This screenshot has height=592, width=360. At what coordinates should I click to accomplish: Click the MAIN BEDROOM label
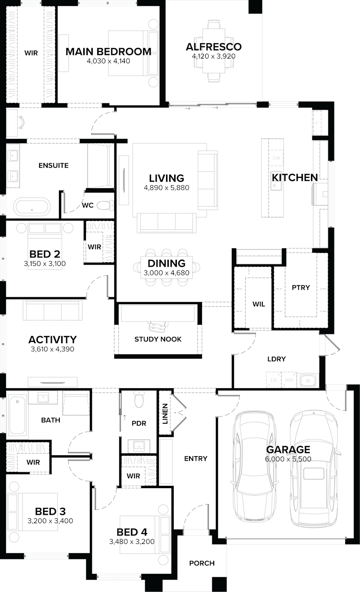pos(108,51)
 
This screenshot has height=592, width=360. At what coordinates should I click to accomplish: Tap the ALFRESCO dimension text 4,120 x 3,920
pos(214,56)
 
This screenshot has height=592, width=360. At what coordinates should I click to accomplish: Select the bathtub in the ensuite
pos(31,208)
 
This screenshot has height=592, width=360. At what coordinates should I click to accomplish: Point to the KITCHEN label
pos(295,177)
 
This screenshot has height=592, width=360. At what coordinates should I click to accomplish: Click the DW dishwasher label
pos(276,158)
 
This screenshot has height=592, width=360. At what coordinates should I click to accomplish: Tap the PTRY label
pos(301,287)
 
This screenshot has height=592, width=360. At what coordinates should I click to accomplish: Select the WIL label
pos(258,304)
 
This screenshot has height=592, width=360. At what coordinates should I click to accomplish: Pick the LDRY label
pos(276,359)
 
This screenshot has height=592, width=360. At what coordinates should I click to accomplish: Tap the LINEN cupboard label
pos(165,413)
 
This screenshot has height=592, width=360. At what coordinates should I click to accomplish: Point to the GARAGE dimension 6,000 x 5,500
pos(288,459)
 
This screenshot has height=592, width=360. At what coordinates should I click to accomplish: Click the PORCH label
pos(202,563)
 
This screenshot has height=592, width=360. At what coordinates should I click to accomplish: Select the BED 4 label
pos(132,532)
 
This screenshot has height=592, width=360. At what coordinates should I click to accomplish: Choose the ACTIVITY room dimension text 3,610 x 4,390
pos(52,349)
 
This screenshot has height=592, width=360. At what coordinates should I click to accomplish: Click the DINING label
pos(166,263)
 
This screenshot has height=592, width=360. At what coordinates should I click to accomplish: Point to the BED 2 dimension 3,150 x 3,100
pos(45,264)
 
